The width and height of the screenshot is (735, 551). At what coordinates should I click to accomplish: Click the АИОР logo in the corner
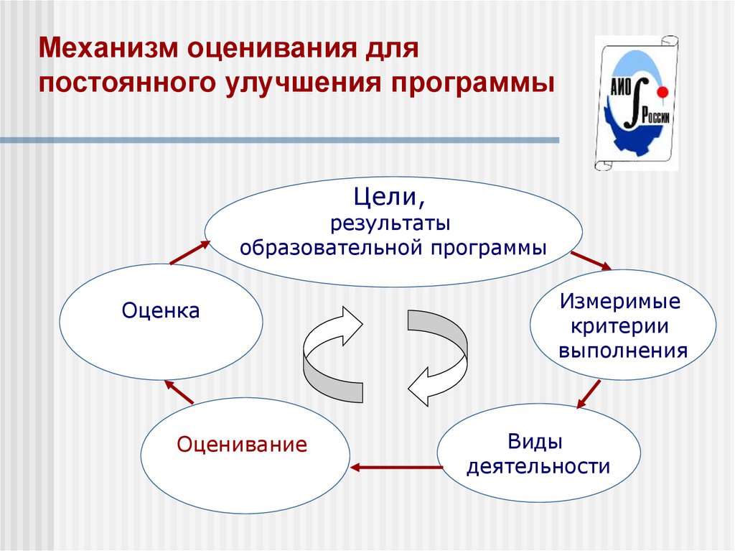636,103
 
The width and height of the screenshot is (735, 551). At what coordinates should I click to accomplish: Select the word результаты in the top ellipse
390,223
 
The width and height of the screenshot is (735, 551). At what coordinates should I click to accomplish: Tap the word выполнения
622,351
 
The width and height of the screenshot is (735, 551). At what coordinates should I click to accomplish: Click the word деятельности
538,467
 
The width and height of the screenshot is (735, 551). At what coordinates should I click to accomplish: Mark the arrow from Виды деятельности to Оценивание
395,468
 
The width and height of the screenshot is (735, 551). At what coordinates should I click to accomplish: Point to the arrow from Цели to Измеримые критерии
591,260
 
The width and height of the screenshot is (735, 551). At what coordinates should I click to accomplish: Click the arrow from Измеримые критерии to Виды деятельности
588,394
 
